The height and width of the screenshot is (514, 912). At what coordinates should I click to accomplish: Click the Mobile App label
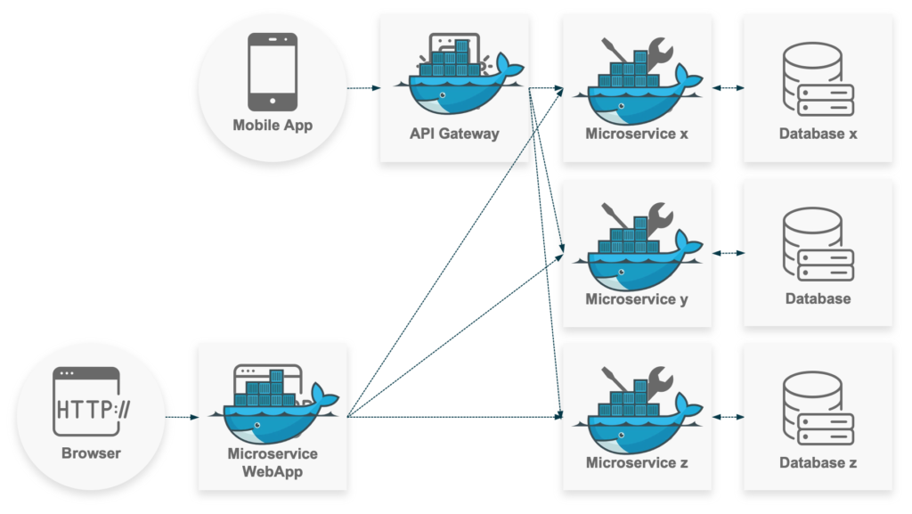[273, 126]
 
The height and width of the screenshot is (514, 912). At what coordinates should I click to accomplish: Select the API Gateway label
[454, 135]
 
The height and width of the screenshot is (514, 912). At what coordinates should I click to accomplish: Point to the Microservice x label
[637, 135]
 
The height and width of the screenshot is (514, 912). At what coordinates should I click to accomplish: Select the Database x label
[818, 135]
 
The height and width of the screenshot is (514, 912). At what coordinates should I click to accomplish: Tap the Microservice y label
[637, 299]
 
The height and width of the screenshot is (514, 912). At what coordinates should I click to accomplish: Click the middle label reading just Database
[818, 299]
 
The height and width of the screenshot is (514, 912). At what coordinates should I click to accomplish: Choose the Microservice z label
[637, 463]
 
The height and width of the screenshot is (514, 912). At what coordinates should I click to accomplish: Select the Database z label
[818, 463]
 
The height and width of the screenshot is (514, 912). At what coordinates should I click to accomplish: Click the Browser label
[91, 453]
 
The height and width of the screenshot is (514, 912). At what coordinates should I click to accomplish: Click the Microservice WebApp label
[273, 462]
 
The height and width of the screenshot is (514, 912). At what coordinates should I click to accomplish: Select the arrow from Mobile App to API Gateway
[363, 88]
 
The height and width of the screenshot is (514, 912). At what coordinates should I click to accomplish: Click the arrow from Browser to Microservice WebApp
[182, 416]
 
